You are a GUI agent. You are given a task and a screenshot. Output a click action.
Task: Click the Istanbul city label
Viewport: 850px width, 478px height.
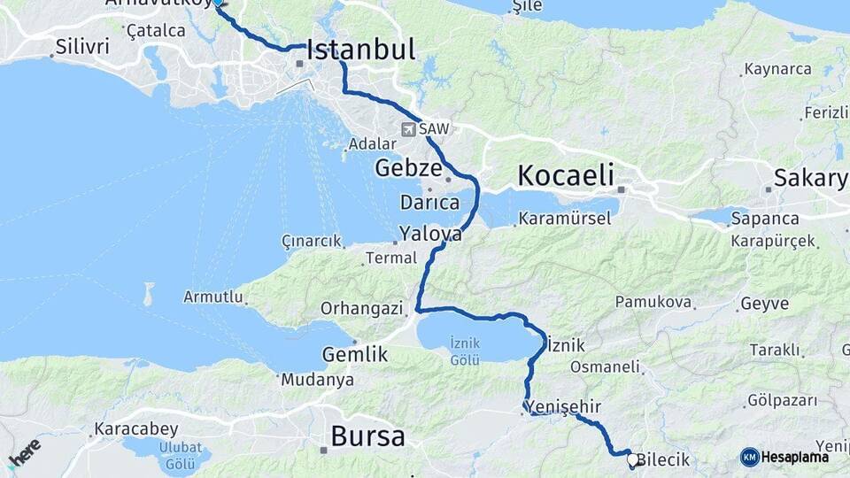(x=360, y=50)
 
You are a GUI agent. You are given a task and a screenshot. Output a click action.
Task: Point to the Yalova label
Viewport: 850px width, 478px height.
(x=430, y=235)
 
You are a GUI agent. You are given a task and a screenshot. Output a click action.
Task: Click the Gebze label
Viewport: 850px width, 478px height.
(x=408, y=167)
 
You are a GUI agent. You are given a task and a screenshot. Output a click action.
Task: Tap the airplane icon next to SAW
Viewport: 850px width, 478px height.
(x=408, y=129)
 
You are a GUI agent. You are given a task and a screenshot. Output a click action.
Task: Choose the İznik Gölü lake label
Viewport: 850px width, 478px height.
(x=465, y=351)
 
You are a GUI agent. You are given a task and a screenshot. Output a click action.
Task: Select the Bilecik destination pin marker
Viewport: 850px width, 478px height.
(x=631, y=459)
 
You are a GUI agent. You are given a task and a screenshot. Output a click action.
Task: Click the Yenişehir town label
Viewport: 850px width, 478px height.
(x=567, y=406)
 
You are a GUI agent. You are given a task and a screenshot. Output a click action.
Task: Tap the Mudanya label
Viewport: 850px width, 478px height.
(x=317, y=381)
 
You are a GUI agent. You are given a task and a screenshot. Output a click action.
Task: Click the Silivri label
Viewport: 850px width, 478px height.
(x=81, y=46)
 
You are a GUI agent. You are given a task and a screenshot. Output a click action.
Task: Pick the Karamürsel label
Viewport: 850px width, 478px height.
(x=558, y=218)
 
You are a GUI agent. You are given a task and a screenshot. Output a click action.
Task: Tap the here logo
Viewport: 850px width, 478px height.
(x=24, y=453)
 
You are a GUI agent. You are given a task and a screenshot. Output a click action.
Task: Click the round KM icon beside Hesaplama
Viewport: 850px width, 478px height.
(x=749, y=457)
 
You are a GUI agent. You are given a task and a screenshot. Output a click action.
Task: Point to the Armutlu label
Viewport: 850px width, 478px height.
(x=212, y=297)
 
